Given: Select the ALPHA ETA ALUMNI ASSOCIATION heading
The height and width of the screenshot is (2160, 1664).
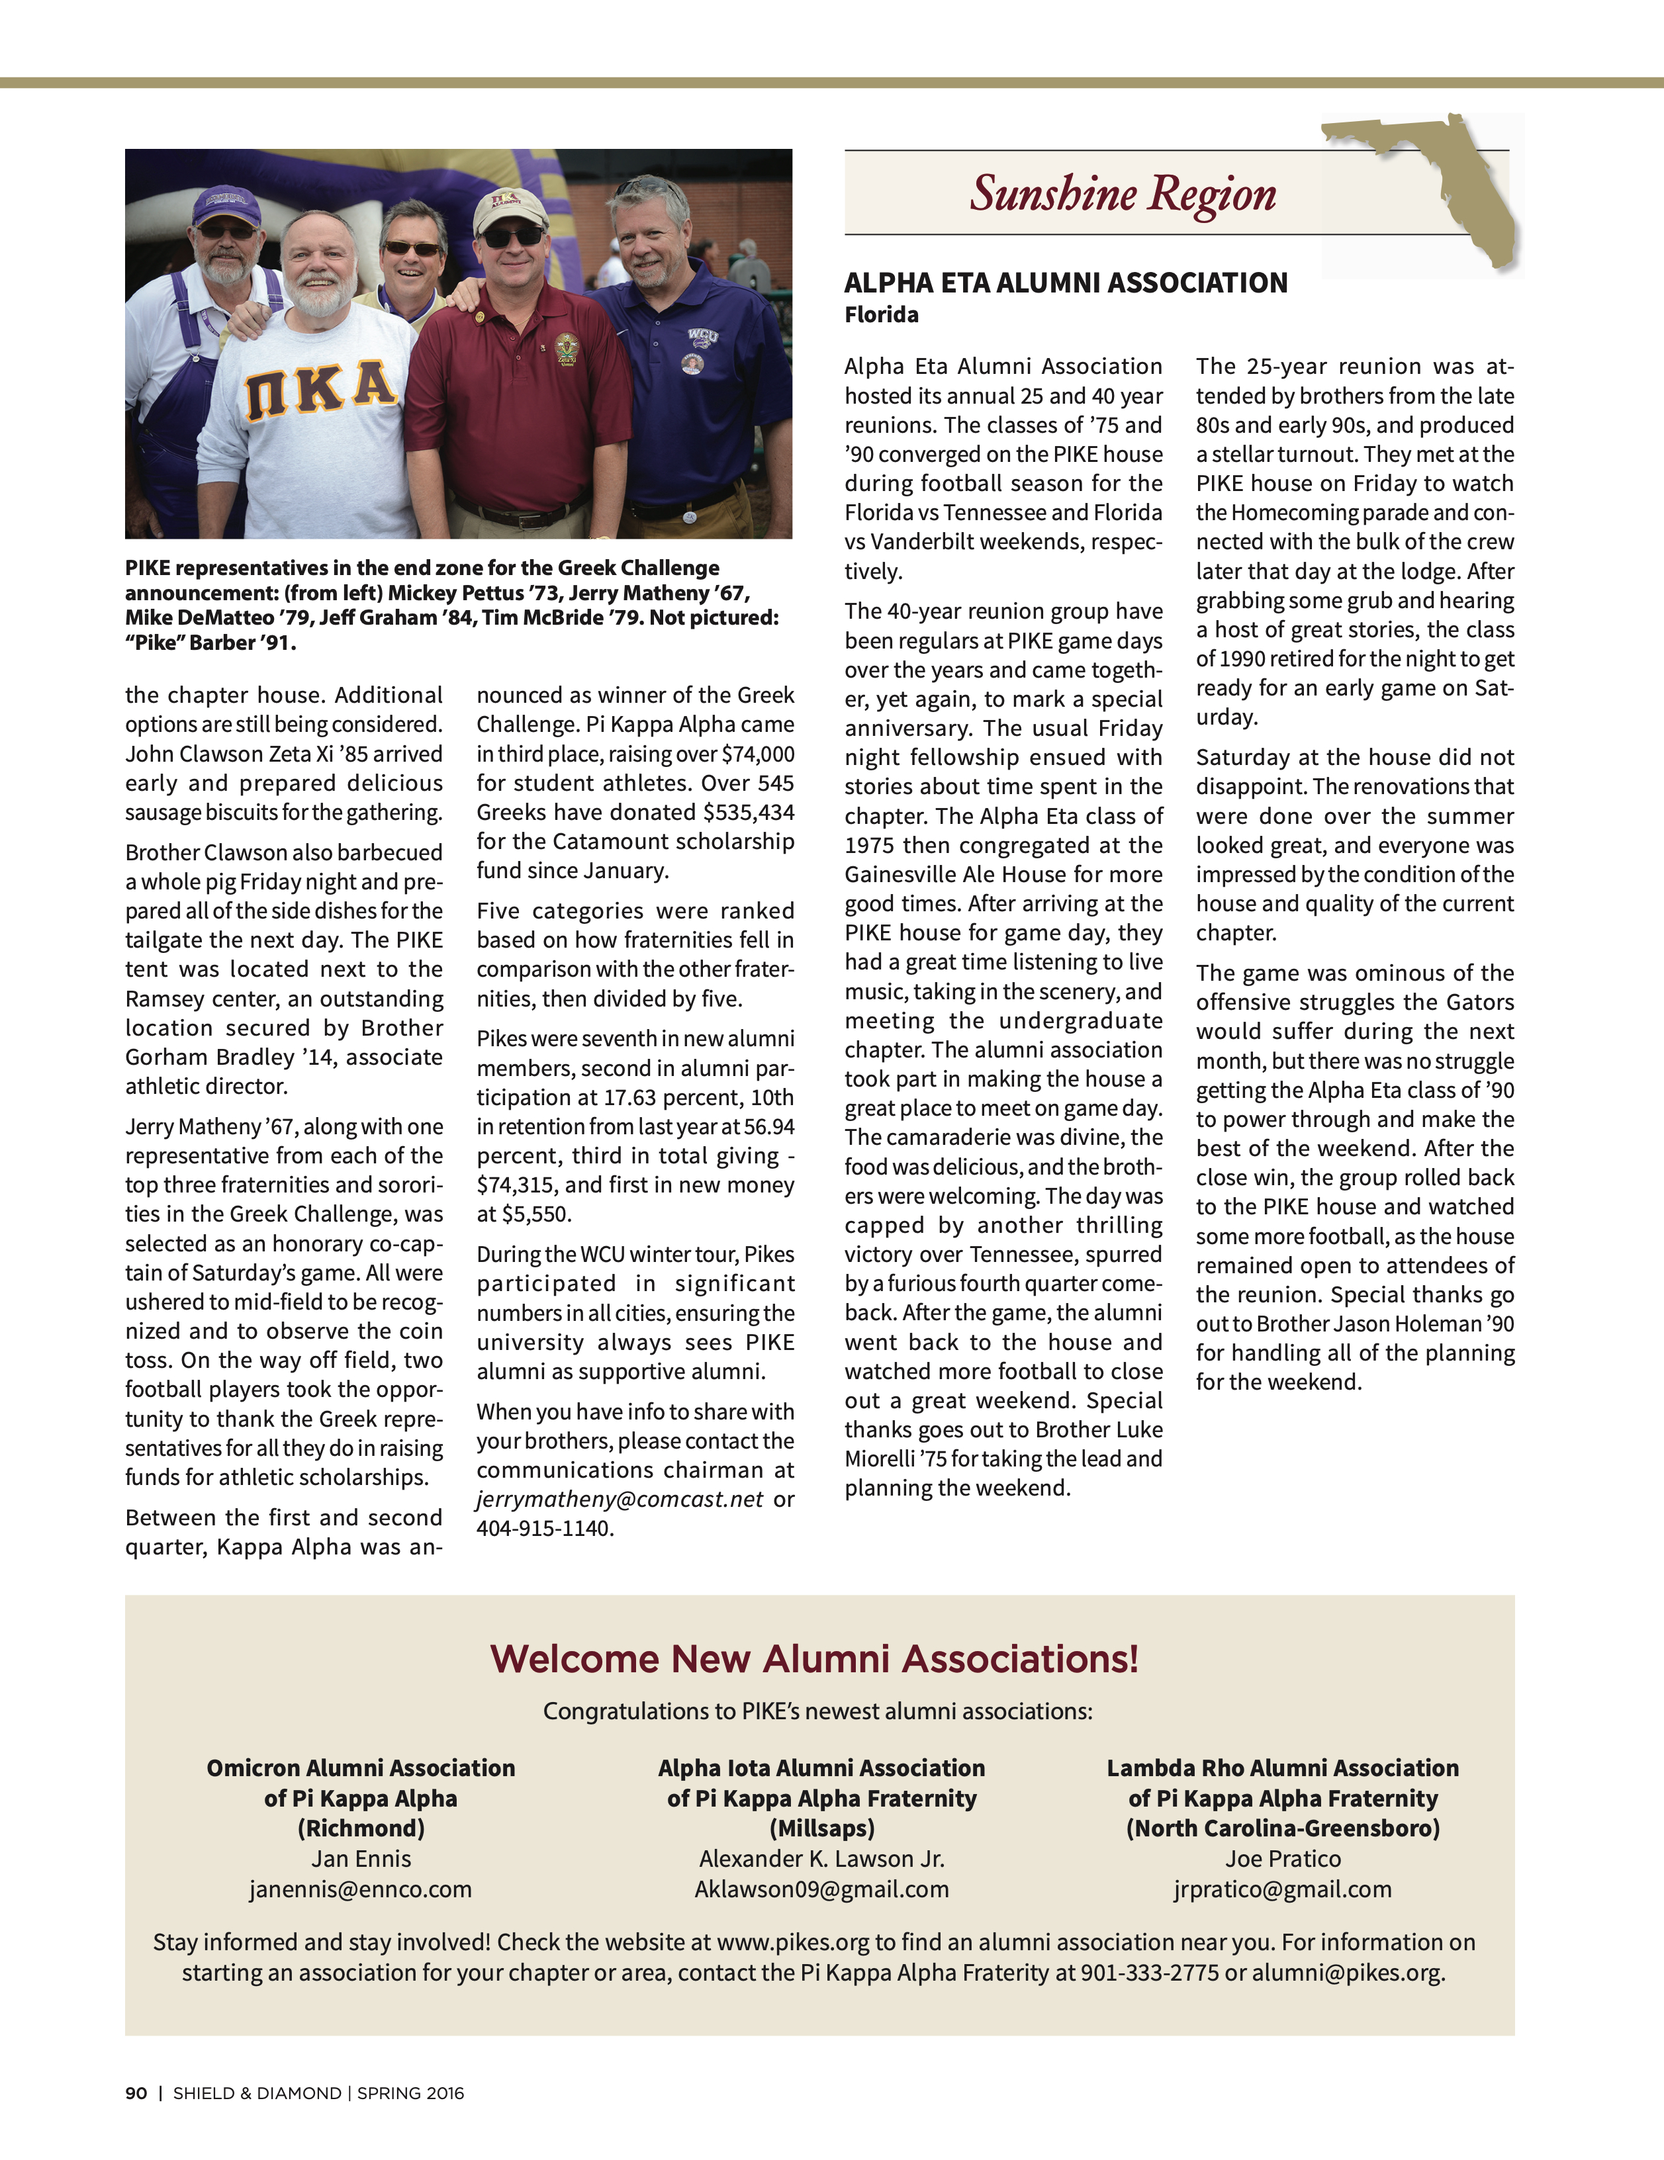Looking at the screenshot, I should (1066, 284).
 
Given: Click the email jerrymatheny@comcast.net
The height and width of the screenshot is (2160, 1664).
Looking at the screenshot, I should (620, 1500).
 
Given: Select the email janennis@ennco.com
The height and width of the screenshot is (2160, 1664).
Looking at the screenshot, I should (360, 1889).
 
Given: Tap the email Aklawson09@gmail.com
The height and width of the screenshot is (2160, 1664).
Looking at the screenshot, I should (821, 1889).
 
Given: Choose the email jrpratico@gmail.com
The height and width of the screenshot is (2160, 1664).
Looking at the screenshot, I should (1282, 1889).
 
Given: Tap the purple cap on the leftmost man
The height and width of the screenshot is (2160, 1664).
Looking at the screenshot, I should (226, 204).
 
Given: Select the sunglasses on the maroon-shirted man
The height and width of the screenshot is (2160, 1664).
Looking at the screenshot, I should (512, 238).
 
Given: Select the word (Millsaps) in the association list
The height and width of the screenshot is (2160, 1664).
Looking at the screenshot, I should (821, 1828).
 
